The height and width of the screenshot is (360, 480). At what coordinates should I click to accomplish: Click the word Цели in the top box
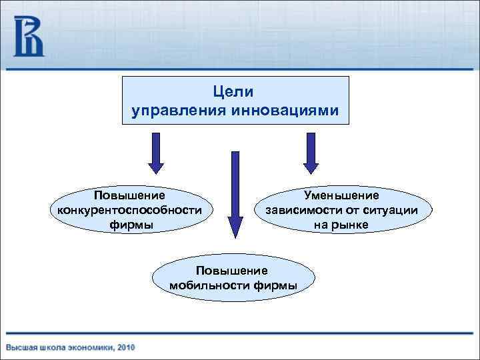click(236, 90)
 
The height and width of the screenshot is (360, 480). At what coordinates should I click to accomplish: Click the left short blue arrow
click(155, 152)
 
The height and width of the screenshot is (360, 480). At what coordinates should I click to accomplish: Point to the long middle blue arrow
click(234, 193)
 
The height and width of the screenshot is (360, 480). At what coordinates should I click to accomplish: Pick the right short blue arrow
click(311, 152)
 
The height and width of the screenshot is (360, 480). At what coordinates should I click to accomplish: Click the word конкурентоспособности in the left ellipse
click(131, 210)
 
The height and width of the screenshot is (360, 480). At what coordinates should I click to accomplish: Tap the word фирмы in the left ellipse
click(131, 225)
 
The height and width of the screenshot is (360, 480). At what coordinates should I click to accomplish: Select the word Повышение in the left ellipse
click(130, 195)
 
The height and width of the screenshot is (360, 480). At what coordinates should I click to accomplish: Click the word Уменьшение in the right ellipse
click(341, 195)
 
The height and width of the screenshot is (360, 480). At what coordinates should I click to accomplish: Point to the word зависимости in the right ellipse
click(297, 210)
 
